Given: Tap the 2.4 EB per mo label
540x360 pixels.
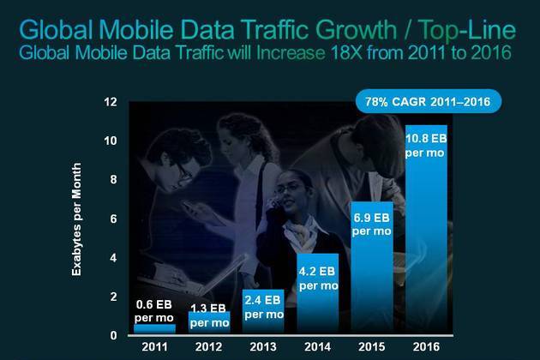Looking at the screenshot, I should point(264,306).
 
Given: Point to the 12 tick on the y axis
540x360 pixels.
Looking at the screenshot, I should point(110,102).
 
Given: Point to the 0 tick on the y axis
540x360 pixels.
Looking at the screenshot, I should point(112,335).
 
